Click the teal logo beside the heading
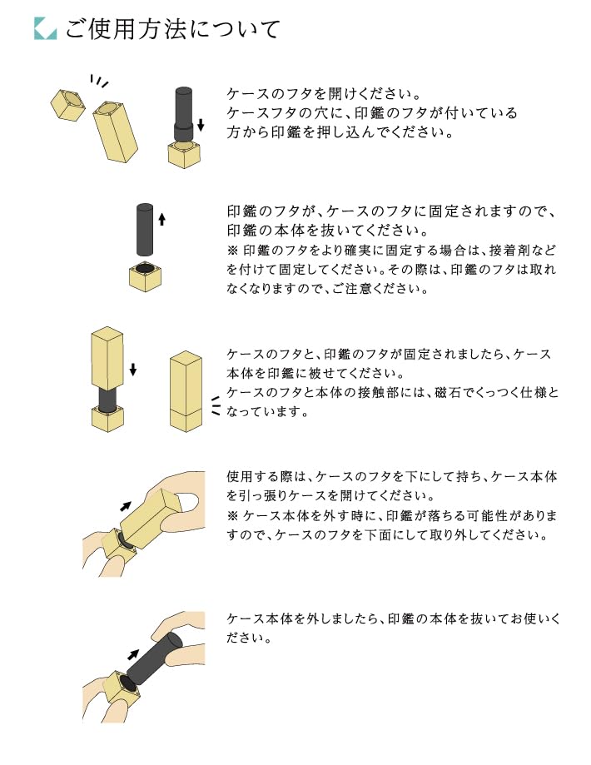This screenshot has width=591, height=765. pos(45,29)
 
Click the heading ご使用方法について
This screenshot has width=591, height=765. pos(173,29)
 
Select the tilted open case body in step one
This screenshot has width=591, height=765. pos(116,132)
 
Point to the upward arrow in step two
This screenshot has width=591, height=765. pos(162,219)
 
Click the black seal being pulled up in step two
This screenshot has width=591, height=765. pos(145,229)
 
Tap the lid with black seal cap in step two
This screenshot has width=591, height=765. pos(146,276)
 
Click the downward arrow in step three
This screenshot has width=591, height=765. pos(133,370)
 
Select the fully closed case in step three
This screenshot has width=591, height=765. pos(186,391)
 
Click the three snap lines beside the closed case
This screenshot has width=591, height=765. pos(216,406)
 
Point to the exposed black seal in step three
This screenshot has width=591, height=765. pos(107,400)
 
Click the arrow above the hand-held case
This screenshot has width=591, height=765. pos(126,506)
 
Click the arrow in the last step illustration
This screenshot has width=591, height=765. pos(132,655)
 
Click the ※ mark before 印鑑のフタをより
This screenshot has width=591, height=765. pos(232,251)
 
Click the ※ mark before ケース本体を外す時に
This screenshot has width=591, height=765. pos(232,516)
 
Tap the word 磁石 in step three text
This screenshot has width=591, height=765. pos(446,393)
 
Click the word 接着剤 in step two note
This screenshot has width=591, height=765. pos(510,251)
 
